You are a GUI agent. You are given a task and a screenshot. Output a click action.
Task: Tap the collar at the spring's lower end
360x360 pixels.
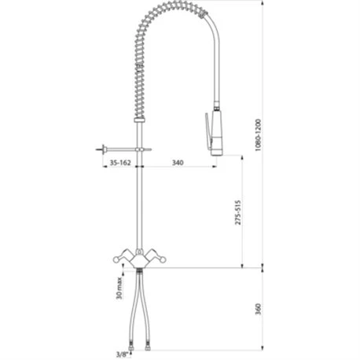click(140, 119)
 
